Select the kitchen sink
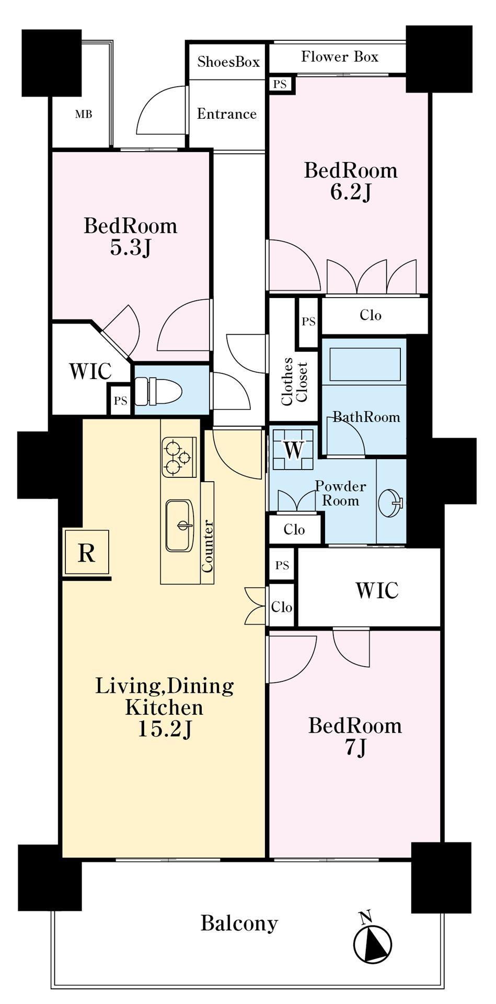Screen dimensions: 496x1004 click(x=180, y=525)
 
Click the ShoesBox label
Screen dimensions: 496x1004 click(x=228, y=62)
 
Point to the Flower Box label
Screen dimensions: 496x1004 click(x=340, y=56)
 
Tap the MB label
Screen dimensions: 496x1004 click(x=84, y=113)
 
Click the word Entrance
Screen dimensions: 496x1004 click(x=227, y=114)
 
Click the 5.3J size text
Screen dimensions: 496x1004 click(x=131, y=248)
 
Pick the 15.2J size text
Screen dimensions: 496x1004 click(x=165, y=729)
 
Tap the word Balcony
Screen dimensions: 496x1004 click(x=239, y=923)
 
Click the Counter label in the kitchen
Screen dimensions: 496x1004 click(x=207, y=545)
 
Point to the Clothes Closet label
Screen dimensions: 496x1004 click(x=294, y=382)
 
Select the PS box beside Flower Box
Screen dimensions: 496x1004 click(x=280, y=84)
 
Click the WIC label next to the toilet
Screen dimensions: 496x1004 click(x=90, y=371)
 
